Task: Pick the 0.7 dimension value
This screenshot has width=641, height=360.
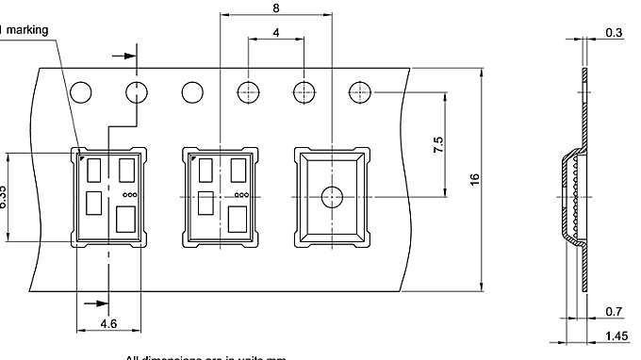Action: tap(615, 311)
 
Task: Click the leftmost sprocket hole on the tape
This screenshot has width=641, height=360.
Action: tap(81, 92)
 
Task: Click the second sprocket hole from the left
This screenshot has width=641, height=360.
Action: tap(137, 92)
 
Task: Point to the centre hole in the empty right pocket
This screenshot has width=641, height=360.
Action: tap(331, 197)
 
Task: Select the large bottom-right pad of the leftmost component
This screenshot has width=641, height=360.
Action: tap(124, 221)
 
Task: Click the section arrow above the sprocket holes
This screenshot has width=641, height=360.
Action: tap(123, 55)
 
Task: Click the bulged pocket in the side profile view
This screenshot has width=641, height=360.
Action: tap(568, 198)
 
